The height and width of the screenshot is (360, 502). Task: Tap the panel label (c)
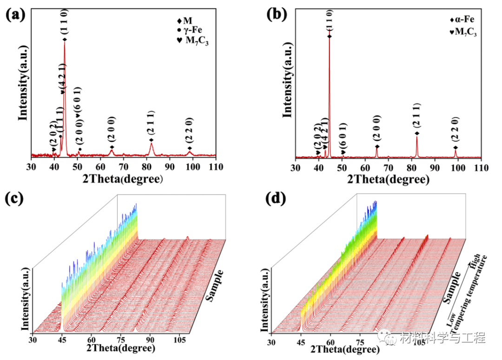coord(16,199)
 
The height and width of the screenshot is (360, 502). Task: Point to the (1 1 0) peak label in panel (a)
coord(65,23)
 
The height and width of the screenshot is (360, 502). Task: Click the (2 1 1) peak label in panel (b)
coord(417,116)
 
